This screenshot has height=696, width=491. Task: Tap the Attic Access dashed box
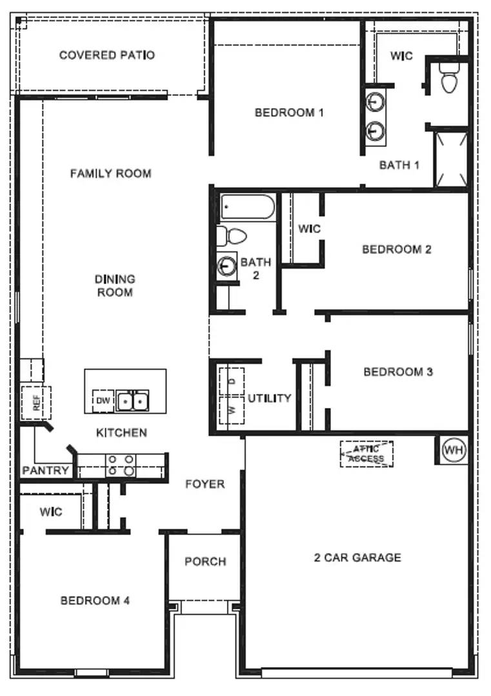(x=366, y=454)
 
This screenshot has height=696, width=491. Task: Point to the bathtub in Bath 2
(x=247, y=208)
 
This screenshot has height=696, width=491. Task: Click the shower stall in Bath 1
(x=450, y=159)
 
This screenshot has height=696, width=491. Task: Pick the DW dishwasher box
(x=103, y=401)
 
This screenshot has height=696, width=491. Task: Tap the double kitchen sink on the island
(x=133, y=400)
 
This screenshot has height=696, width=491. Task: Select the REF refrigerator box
(x=36, y=403)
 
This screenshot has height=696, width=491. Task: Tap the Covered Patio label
(x=107, y=55)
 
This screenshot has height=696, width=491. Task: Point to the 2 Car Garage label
(x=357, y=557)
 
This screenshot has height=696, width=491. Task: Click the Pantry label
(x=45, y=470)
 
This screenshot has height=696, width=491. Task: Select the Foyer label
(x=205, y=484)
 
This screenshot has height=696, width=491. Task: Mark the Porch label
(x=205, y=562)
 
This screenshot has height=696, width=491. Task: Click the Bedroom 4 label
(x=95, y=601)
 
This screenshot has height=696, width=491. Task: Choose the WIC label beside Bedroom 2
(x=309, y=229)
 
